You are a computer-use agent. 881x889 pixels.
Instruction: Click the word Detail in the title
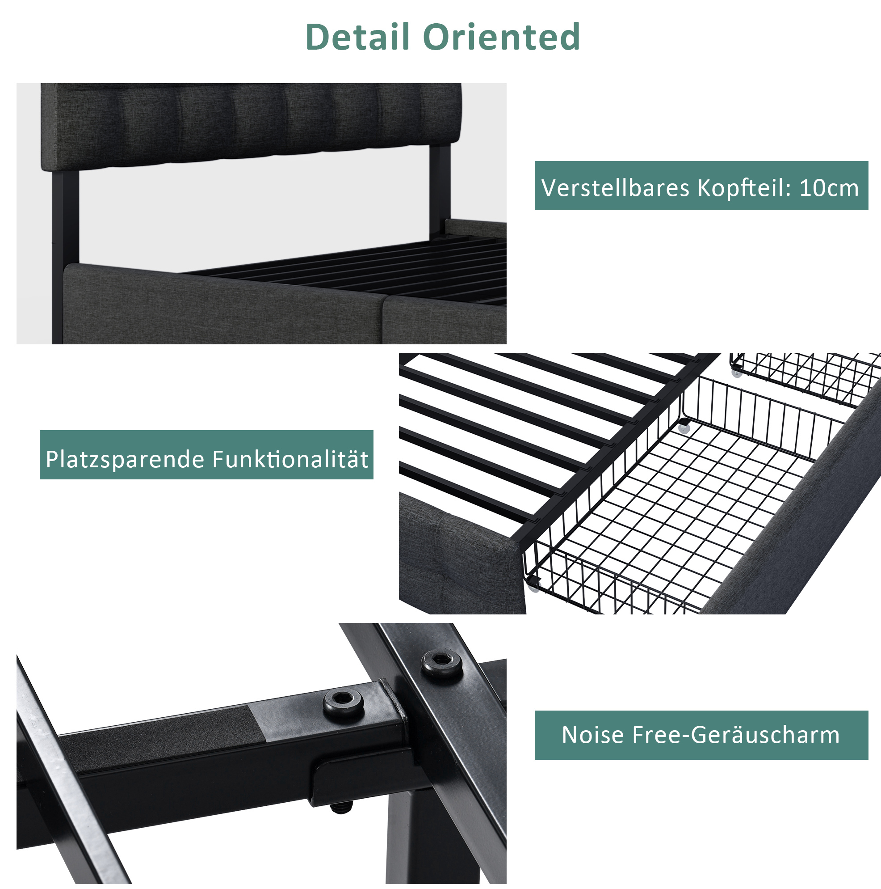[357, 36]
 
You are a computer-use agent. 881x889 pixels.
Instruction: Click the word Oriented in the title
[501, 36]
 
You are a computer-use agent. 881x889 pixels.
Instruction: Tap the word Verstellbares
[615, 188]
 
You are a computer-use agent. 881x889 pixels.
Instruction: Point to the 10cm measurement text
[829, 188]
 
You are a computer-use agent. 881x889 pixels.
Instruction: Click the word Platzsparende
[125, 460]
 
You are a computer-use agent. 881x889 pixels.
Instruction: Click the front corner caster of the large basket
[534, 584]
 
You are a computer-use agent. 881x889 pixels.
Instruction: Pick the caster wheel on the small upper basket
[737, 371]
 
